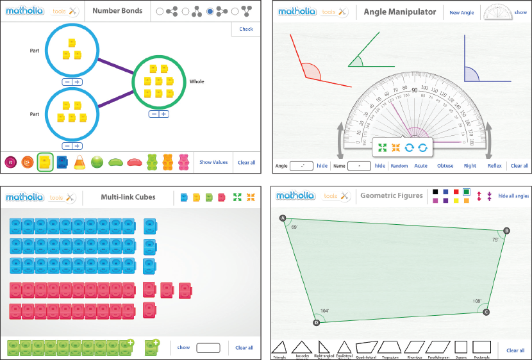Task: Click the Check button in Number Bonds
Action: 246,29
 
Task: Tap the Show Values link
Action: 213,163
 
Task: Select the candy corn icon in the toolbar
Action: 80,162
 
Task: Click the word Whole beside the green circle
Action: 197,82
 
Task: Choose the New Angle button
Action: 461,12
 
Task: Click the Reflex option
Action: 495,166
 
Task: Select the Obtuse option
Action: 445,166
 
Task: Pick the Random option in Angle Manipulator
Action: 399,166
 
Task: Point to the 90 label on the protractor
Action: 415,90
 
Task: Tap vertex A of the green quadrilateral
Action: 283,218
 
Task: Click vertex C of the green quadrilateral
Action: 486,312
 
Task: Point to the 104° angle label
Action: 325,311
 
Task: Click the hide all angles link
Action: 513,196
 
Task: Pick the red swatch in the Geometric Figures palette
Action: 456,192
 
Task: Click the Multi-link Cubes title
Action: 128,197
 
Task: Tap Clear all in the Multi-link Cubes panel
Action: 244,348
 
